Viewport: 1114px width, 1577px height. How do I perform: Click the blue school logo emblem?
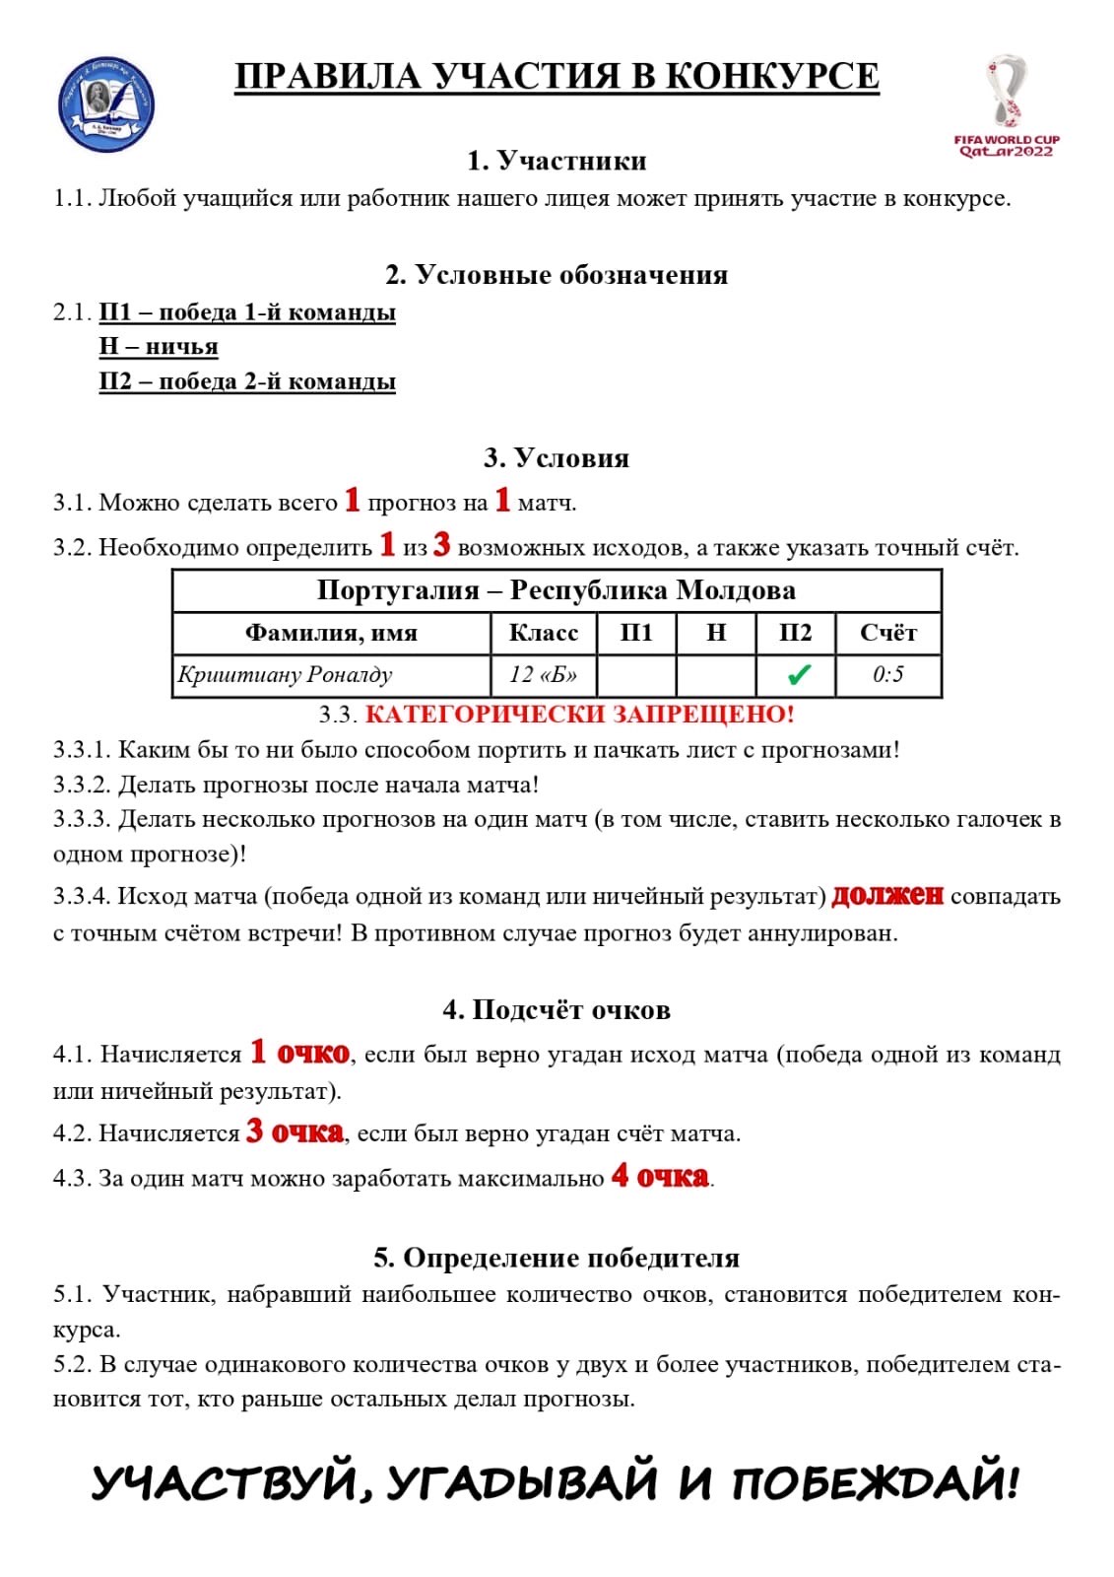107,104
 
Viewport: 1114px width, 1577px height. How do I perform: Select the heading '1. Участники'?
557,161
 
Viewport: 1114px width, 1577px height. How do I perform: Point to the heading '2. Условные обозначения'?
557,275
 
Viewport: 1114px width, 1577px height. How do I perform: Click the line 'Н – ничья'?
159,347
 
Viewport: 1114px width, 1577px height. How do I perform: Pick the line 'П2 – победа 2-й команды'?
247,381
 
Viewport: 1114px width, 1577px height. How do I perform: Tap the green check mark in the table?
799,675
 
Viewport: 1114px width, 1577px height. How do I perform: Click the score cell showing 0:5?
887,675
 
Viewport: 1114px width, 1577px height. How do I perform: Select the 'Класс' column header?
544,633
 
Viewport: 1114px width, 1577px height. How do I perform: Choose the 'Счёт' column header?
887,633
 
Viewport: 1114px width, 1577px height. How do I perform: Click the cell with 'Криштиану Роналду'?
286,675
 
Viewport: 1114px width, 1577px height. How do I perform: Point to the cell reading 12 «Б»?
544,675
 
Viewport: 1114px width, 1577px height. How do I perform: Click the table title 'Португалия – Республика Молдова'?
557,590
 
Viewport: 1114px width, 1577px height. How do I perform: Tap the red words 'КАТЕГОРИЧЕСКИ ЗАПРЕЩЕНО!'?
579,714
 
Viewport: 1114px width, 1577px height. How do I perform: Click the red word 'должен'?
887,895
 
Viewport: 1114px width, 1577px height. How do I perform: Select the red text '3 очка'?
295,1131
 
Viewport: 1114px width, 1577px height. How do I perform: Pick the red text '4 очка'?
660,1176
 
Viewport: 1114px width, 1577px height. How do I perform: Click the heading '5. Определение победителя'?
557,1259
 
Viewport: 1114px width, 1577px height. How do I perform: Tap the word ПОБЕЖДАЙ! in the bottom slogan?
875,1482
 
